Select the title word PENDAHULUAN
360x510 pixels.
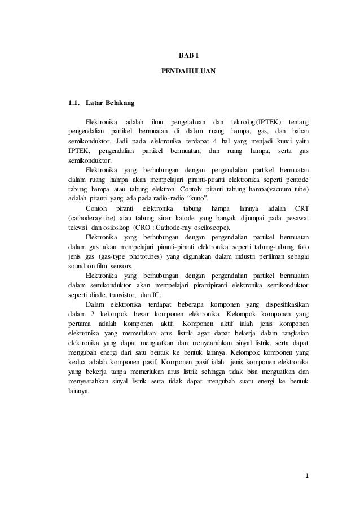[x=185, y=72]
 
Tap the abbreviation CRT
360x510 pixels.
[x=302, y=209]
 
